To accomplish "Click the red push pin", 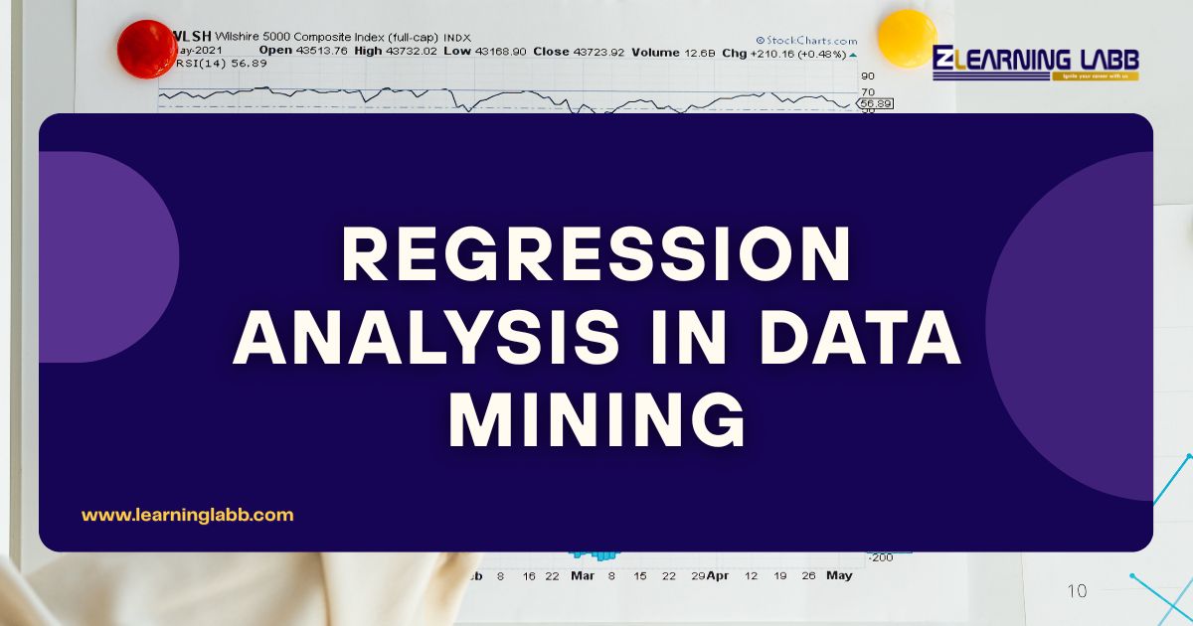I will tap(146, 49).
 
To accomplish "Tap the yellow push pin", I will tap(907, 38).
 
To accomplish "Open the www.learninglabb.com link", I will tap(187, 515).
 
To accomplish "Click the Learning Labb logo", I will tap(1036, 62).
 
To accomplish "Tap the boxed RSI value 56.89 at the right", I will tap(876, 103).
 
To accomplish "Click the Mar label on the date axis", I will tap(583, 575).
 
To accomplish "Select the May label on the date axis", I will tap(839, 575).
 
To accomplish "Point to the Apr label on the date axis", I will tap(717, 575).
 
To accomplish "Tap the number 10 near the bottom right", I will tap(1077, 591).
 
